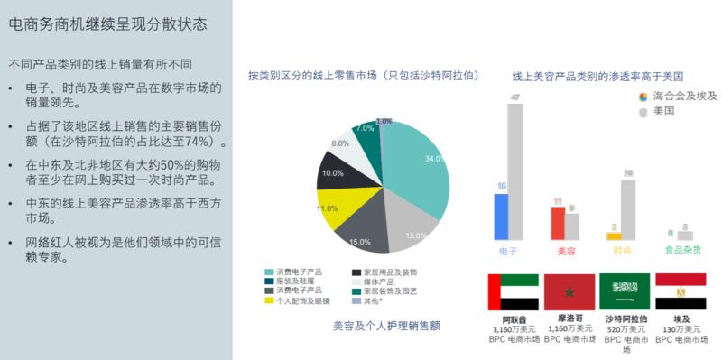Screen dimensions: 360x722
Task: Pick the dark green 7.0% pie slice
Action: (367, 135)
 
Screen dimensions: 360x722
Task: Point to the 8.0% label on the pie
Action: (340, 143)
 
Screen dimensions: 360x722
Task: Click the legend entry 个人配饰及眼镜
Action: (299, 300)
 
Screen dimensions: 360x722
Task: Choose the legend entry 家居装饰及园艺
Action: (391, 291)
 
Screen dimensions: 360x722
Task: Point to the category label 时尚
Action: (622, 250)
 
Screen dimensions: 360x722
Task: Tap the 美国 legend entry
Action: (664, 111)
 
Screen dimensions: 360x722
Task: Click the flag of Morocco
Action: (569, 291)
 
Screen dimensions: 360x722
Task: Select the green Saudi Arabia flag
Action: (625, 291)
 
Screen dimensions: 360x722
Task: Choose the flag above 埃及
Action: (680, 291)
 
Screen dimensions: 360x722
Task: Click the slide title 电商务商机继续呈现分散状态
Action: (107, 23)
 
